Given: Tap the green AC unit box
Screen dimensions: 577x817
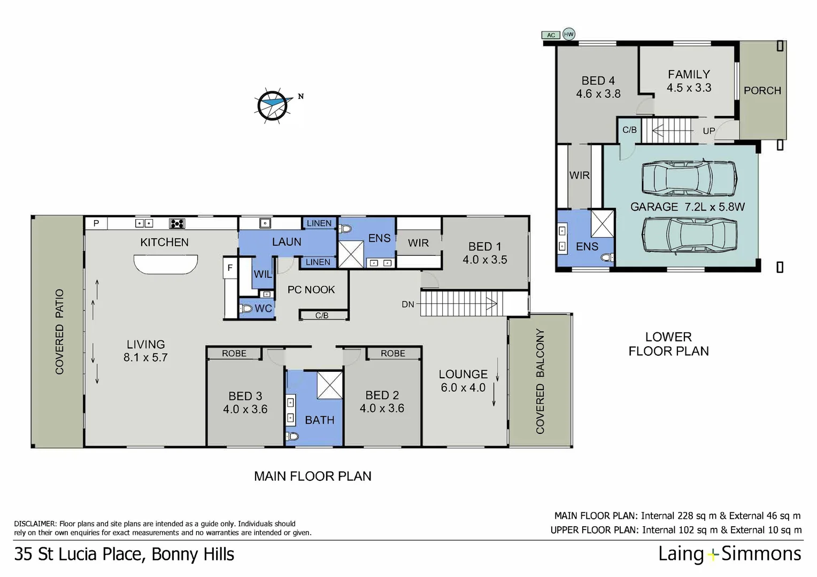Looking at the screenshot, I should (x=551, y=35).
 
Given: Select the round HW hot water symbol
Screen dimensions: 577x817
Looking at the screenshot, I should (x=568, y=34).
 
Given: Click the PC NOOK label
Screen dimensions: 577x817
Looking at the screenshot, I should (x=311, y=290).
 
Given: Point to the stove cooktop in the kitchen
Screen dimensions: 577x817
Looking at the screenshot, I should (x=177, y=223).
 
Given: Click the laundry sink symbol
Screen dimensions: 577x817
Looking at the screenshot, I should (x=265, y=223).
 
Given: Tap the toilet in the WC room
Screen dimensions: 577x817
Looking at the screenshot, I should (x=246, y=308).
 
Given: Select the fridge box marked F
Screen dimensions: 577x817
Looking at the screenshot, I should (x=230, y=268).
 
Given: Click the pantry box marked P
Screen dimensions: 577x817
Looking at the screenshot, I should (x=96, y=223).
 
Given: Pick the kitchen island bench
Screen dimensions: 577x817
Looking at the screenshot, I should (x=165, y=264).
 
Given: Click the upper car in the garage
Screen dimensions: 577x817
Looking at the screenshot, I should (x=689, y=178).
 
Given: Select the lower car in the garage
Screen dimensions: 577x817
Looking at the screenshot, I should (x=689, y=235).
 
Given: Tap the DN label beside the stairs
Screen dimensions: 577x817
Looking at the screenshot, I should (x=408, y=305).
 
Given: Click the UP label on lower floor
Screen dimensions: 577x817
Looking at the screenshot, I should (x=708, y=131).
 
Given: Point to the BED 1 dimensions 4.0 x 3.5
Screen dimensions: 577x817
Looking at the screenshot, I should (x=484, y=260).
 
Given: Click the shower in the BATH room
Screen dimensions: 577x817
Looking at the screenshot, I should (x=329, y=385).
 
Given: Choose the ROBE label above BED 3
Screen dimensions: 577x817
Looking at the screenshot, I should (x=234, y=353).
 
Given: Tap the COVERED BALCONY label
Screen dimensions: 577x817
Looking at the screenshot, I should (x=540, y=380).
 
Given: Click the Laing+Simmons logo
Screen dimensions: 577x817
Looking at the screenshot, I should (x=729, y=553).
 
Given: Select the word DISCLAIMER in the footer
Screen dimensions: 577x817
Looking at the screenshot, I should (x=35, y=524).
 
